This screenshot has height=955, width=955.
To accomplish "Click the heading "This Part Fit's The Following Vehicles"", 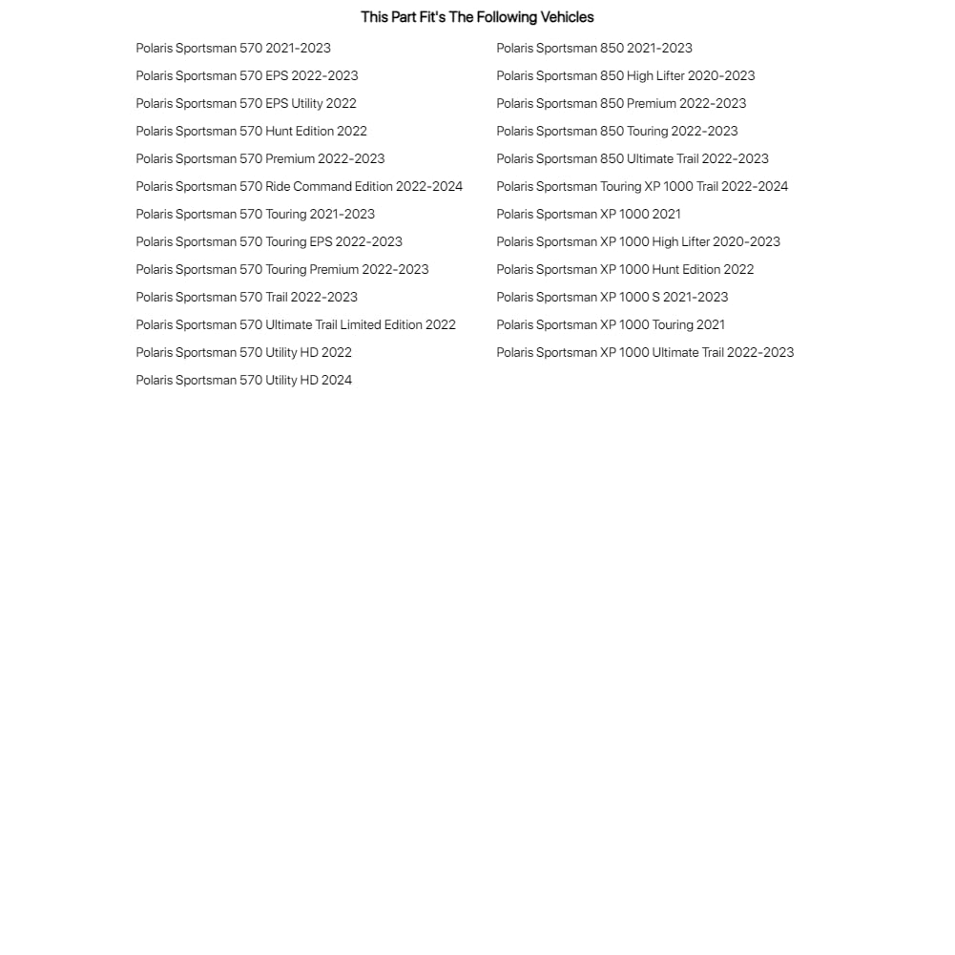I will (x=477, y=17).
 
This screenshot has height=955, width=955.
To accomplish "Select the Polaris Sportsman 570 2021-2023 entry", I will (x=233, y=48).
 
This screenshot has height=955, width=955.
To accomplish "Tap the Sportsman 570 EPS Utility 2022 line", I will (x=245, y=103).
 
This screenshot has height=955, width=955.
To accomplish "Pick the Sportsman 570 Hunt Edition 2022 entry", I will (x=251, y=131).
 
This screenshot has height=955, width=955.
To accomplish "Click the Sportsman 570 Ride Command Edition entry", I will (x=299, y=186).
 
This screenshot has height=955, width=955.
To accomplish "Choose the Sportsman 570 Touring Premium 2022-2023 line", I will (x=281, y=269).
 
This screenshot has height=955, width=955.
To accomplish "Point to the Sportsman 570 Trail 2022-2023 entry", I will (x=246, y=297).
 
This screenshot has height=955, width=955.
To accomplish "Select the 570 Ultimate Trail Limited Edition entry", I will (x=296, y=324).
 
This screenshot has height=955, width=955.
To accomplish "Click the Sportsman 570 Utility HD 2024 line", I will (x=243, y=380).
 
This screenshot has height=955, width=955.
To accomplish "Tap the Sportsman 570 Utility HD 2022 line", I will (x=243, y=352).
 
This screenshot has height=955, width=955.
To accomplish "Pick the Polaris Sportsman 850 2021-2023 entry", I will (x=593, y=48).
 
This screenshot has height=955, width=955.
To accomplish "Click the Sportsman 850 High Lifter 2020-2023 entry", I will (x=625, y=75).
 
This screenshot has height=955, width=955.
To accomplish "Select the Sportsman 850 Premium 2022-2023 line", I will (x=621, y=103).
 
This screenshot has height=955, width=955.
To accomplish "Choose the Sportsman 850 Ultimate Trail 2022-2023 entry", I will (x=632, y=158).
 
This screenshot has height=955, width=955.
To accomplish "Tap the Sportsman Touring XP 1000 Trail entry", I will (x=642, y=186).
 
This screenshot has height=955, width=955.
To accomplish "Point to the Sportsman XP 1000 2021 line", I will (x=588, y=214).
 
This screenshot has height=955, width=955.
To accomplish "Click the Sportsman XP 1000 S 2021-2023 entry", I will (x=612, y=297).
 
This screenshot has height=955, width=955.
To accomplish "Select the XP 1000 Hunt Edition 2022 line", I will (x=625, y=269).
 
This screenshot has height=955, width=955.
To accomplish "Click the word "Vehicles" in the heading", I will (x=567, y=17).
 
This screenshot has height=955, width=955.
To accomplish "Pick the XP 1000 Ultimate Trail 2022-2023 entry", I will (x=645, y=352).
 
